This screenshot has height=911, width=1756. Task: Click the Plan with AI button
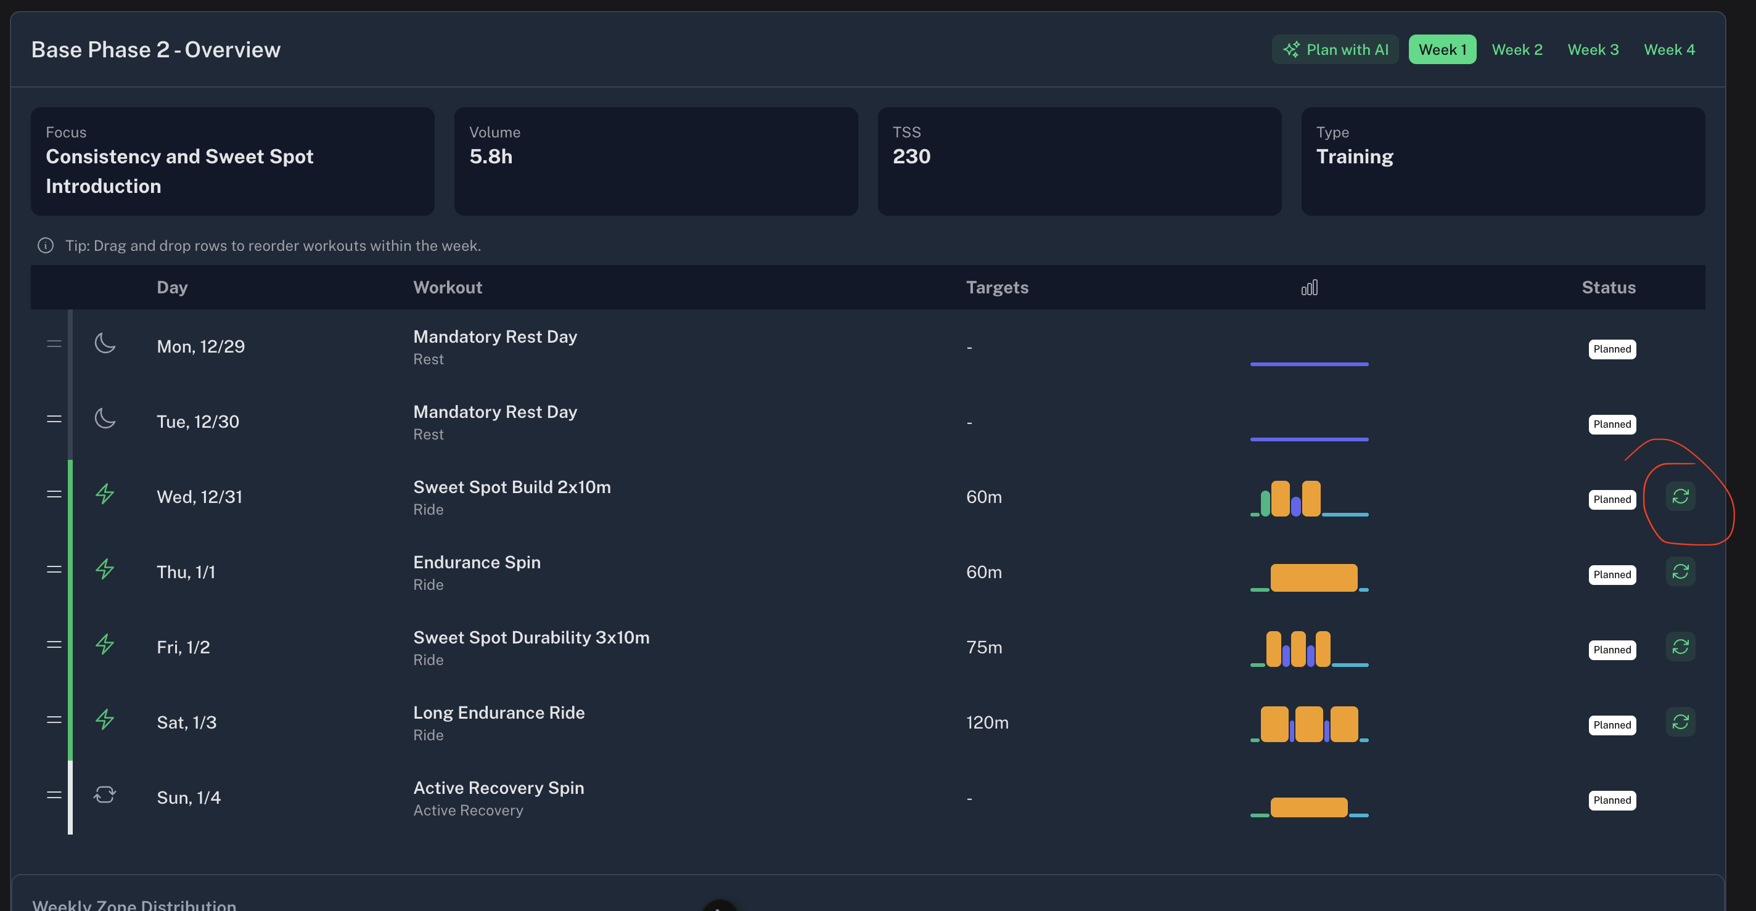click(x=1335, y=50)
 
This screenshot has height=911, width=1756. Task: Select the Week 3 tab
click(x=1593, y=50)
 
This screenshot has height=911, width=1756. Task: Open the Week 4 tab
click(x=1668, y=50)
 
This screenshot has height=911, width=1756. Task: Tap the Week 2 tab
click(x=1517, y=50)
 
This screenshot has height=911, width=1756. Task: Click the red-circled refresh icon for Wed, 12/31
click(x=1680, y=496)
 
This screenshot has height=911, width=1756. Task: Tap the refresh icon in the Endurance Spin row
click(x=1680, y=571)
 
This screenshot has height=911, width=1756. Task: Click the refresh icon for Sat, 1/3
click(x=1680, y=722)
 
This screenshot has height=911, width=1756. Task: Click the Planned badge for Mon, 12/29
click(x=1612, y=349)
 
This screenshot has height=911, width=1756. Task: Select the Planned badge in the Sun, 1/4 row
click(x=1612, y=800)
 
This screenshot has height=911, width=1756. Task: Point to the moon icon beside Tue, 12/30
click(x=105, y=419)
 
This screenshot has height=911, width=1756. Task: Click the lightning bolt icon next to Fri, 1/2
click(x=104, y=644)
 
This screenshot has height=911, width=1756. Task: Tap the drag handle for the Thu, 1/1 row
click(x=54, y=570)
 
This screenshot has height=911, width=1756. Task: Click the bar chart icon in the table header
click(x=1310, y=288)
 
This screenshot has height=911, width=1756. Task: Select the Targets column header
click(x=997, y=288)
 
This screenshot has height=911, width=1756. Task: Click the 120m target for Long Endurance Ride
click(x=987, y=722)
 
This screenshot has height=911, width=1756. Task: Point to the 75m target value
click(x=984, y=647)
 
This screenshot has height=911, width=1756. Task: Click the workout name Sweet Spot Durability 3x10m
click(x=531, y=637)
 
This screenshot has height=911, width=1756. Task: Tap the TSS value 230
click(x=911, y=157)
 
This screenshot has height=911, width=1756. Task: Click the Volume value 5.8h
click(x=491, y=157)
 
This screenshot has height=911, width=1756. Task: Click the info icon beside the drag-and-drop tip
click(x=46, y=245)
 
